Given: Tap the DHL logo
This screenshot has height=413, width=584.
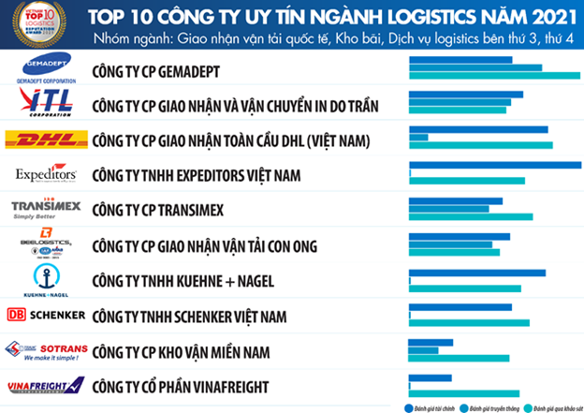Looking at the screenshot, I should tap(46, 140).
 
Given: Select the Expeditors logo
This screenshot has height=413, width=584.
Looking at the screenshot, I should tap(46, 175).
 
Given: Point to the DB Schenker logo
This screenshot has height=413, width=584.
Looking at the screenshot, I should tap(46, 314).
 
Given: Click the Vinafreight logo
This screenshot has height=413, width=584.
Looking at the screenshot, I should tap(46, 386).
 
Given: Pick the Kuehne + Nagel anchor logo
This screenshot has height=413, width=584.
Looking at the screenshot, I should tap(46, 278).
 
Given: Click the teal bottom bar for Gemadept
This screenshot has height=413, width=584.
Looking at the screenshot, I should tap(494, 76).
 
